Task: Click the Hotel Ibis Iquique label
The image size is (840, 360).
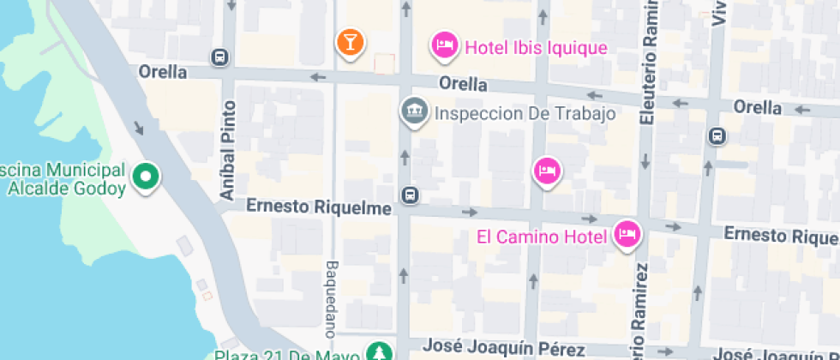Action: [x=536, y=47]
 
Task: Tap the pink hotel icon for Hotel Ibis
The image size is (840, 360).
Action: [x=444, y=45]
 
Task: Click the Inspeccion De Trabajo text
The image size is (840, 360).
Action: [x=525, y=113]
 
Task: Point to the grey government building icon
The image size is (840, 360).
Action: [x=415, y=111]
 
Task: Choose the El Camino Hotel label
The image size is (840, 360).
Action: [x=542, y=236]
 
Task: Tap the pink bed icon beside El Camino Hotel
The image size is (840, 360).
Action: [x=627, y=234]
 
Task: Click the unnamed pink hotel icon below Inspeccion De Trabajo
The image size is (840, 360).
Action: [x=547, y=171]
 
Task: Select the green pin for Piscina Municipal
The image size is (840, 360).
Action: [x=147, y=177]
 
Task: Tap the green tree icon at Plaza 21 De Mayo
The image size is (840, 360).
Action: [x=377, y=351]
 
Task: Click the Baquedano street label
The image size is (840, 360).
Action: [x=332, y=297]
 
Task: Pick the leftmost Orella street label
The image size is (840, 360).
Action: [x=163, y=72]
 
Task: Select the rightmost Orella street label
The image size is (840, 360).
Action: [x=758, y=107]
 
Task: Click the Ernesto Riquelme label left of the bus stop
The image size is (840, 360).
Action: [x=319, y=207]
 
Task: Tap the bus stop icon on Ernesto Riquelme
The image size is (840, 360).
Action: [x=411, y=195]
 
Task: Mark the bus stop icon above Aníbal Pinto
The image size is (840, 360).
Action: [x=219, y=57]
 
